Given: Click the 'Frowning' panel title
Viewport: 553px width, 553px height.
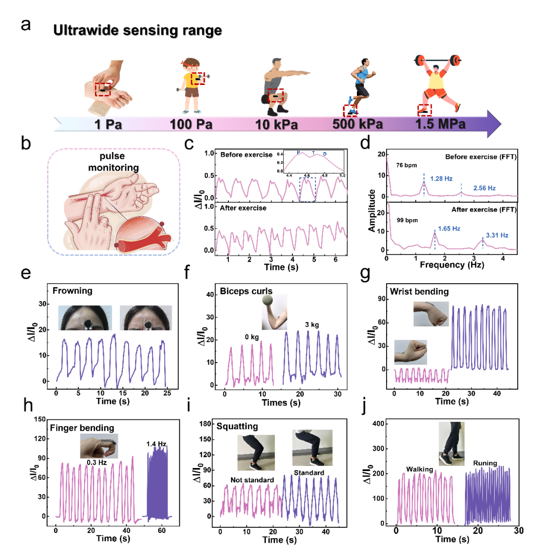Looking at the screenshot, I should (x=72, y=291).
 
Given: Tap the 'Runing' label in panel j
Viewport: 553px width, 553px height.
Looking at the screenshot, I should (x=485, y=463).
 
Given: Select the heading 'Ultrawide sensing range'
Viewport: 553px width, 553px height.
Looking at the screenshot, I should (x=137, y=31).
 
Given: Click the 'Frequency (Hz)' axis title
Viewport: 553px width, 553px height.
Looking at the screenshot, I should (x=448, y=266).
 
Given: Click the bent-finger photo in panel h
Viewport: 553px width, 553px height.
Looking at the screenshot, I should (x=99, y=445).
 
